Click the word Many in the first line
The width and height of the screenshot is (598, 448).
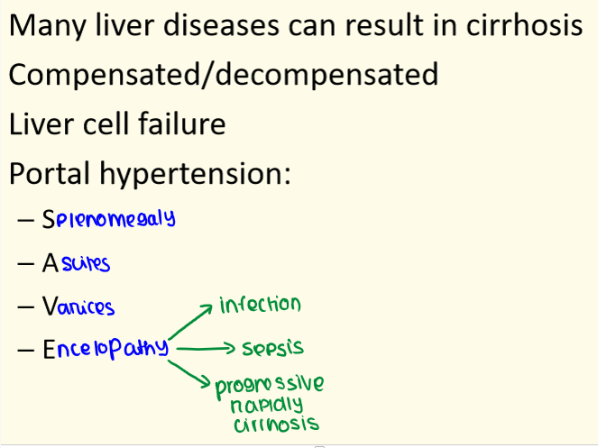47,26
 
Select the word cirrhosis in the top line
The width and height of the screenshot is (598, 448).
524,25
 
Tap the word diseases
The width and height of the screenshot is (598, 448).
221,25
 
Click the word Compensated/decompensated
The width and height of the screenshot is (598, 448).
224,74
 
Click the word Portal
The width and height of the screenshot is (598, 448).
50,173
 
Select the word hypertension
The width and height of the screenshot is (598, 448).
195,175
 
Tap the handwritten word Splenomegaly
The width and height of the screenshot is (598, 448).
109,219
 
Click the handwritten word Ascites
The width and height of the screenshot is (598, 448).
77,263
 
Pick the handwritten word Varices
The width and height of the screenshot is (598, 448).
78,306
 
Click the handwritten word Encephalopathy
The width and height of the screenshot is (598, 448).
106,348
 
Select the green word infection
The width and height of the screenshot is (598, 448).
260,305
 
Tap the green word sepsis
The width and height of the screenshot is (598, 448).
273,348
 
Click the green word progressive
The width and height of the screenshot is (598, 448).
270,386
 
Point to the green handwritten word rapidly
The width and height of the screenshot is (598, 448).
267,406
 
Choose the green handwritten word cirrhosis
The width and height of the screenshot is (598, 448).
277,425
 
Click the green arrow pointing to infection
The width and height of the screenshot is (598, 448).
190,322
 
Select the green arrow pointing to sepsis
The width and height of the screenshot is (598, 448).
206,348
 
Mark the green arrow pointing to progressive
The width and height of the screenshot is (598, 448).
189,374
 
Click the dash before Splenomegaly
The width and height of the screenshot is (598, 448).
25,220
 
